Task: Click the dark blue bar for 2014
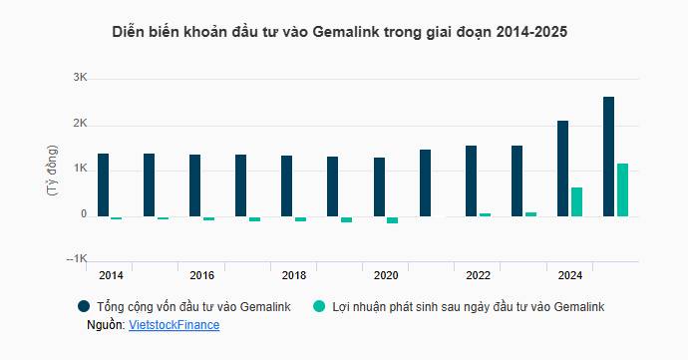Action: (x=103, y=184)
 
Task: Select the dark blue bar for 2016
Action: (x=194, y=185)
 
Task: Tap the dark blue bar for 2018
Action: (x=286, y=185)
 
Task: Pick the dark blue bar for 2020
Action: (x=379, y=186)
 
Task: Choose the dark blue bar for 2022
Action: (x=471, y=180)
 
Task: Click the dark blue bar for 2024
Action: (x=562, y=168)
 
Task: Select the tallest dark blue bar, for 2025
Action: (x=608, y=156)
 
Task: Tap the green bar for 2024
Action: (x=576, y=201)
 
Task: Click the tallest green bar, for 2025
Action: (x=622, y=189)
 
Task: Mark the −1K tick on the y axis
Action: (x=77, y=260)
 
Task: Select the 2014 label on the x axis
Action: (x=112, y=275)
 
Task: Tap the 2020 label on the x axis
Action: (x=387, y=275)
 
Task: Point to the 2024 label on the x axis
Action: (x=570, y=275)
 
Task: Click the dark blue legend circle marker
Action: (x=84, y=307)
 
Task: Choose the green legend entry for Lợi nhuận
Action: (x=460, y=307)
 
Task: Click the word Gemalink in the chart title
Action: (x=348, y=32)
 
